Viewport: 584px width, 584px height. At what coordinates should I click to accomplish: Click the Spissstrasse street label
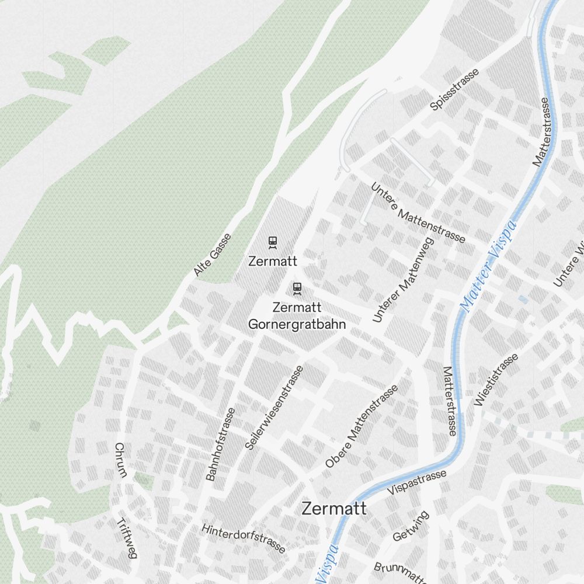point(454,89)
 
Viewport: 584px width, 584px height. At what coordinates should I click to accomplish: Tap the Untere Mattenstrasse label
point(418,213)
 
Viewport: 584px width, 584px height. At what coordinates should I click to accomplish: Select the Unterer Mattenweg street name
point(404,280)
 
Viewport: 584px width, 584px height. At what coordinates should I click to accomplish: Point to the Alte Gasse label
point(213,255)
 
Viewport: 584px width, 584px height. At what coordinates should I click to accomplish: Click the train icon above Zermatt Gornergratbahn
point(297,288)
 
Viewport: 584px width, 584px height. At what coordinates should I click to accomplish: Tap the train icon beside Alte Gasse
point(272,242)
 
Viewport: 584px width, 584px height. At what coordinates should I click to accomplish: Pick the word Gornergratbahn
point(297,324)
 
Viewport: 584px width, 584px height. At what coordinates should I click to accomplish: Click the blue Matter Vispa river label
point(488,266)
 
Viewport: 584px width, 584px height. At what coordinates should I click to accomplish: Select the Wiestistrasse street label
point(496,380)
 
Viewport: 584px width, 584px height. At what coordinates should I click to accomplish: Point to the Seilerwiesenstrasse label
point(274,407)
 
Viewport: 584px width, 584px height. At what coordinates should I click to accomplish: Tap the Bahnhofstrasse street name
point(221,444)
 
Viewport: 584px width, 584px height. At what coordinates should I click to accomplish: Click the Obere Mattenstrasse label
point(361,426)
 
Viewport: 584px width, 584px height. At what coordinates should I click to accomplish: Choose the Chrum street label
point(120,460)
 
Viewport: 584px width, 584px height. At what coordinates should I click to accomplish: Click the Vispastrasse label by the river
point(416,481)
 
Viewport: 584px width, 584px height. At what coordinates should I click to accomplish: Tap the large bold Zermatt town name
point(334,508)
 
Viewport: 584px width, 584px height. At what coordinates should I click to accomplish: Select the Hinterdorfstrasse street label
point(244,538)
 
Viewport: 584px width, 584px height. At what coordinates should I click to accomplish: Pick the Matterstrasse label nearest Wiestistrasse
point(449,401)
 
